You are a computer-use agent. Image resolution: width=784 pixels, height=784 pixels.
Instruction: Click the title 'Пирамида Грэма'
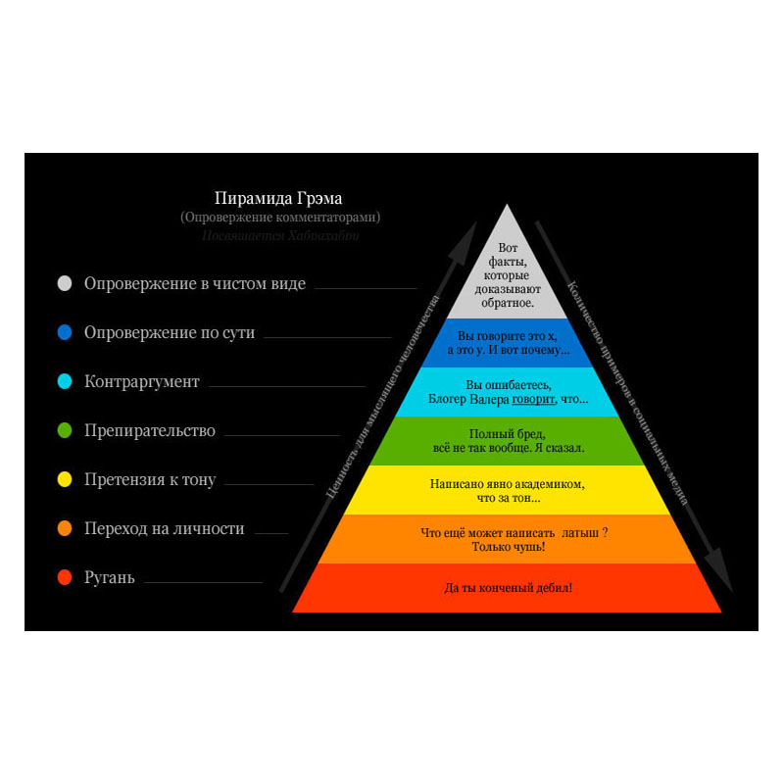[x=278, y=198]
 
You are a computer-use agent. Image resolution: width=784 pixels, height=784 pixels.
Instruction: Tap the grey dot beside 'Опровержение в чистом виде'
[x=65, y=284]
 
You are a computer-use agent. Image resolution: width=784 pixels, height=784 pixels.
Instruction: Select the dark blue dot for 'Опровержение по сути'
[x=65, y=333]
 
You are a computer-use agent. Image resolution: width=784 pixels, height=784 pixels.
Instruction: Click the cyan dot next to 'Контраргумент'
[x=65, y=382]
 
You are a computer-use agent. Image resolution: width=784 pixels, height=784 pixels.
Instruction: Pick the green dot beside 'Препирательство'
[x=65, y=431]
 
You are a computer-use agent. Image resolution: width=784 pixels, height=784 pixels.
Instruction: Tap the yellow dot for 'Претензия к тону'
[x=65, y=480]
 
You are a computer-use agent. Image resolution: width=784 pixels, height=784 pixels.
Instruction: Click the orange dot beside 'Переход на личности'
[x=65, y=529]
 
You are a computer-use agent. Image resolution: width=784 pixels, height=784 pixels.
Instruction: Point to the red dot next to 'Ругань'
[x=65, y=578]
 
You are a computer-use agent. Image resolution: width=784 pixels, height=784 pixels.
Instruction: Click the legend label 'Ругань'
[x=110, y=578]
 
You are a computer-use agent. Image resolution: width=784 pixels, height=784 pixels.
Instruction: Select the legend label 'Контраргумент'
[x=142, y=382]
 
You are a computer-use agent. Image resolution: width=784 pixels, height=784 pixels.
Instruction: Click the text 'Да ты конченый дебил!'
[x=508, y=588]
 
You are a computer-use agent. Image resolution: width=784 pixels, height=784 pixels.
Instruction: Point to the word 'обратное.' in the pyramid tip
[x=508, y=303]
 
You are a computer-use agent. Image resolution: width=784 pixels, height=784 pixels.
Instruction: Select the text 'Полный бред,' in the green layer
[x=507, y=433]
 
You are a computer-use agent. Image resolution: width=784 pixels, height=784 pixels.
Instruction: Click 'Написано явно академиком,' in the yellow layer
[x=508, y=484]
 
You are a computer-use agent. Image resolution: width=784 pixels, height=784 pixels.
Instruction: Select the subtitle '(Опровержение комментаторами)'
[x=280, y=218]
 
